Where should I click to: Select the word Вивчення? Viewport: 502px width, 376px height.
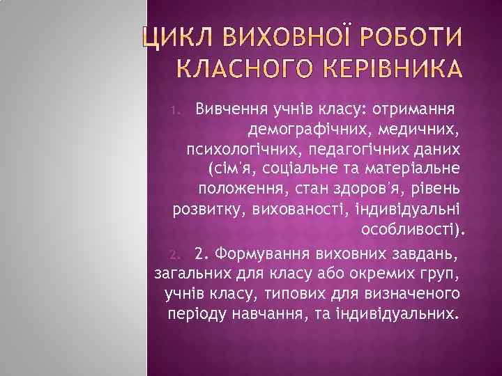point(227,109)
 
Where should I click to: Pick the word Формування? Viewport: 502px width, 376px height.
point(263,250)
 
